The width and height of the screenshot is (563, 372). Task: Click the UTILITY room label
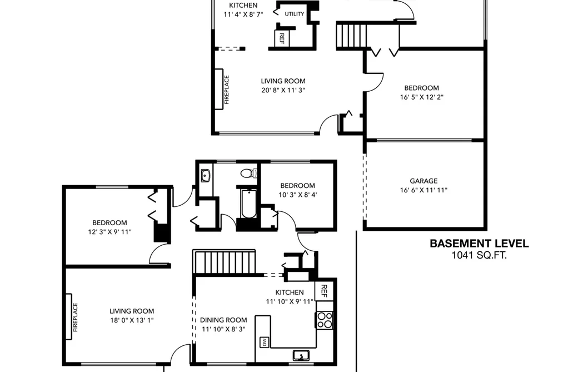[x=295, y=14]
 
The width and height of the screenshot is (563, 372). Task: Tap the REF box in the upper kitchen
[x=282, y=38]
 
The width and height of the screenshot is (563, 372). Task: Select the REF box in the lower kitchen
[x=324, y=291]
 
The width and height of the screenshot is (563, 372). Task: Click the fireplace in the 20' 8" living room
[x=219, y=89]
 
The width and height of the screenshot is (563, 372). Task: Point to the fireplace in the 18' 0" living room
[x=69, y=317]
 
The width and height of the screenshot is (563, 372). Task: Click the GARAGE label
[x=424, y=181]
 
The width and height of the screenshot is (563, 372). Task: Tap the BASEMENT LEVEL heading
[x=479, y=244]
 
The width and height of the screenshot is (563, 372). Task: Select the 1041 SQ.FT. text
[x=479, y=255]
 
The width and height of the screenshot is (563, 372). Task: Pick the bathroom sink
[x=206, y=176]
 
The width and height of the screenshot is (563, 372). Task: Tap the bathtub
[x=248, y=204]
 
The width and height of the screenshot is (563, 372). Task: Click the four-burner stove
[x=324, y=320]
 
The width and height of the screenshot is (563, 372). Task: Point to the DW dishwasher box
[x=264, y=342]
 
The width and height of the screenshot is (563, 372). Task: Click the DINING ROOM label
[x=223, y=320]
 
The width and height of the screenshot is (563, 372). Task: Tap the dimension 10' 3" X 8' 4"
[x=298, y=195]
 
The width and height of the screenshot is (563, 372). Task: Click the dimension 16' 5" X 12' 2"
[x=421, y=97]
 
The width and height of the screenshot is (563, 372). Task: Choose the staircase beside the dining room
[x=224, y=262]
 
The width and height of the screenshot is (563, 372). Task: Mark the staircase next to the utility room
[x=351, y=35]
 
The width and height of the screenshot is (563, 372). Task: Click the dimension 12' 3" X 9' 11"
[x=109, y=232]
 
